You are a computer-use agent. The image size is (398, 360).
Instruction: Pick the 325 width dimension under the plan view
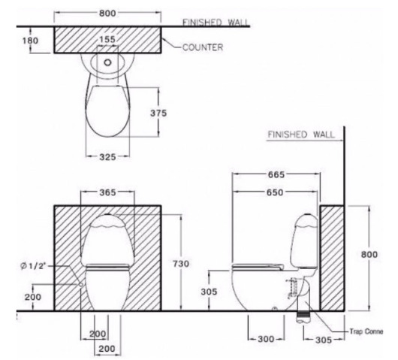point(109,159)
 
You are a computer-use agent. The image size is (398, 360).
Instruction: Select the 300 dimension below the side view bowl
point(266,339)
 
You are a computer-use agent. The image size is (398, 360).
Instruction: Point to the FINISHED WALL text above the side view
point(299,135)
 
